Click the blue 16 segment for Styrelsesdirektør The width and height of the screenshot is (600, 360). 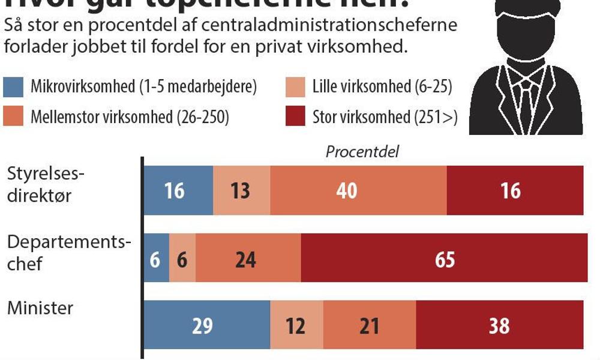(x=178, y=190)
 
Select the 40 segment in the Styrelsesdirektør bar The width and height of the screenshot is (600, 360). (x=358, y=190)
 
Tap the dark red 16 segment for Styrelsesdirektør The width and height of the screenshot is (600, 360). (x=515, y=190)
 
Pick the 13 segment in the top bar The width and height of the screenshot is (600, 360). (x=242, y=190)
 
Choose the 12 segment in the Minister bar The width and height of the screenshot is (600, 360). (x=296, y=326)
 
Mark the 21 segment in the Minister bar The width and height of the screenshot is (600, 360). (x=369, y=326)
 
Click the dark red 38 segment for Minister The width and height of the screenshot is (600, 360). (x=499, y=326)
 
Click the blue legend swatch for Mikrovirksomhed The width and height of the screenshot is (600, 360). (x=13, y=88)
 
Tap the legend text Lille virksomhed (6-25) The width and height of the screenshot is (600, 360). (x=382, y=88)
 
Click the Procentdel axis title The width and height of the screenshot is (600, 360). (x=362, y=151)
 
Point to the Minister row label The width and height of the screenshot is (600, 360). (x=40, y=308)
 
